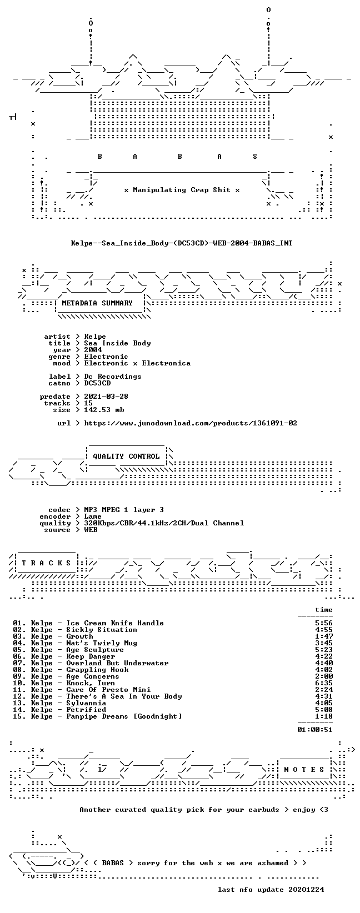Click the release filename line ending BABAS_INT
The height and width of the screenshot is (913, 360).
[182, 243]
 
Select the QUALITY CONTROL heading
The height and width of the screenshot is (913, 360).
[126, 456]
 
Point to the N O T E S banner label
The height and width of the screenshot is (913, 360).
[304, 770]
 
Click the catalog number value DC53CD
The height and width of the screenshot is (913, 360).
[97, 383]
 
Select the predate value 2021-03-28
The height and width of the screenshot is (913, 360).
[107, 397]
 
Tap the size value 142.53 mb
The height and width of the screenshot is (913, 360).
[104, 410]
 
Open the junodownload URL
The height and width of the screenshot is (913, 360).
[191, 424]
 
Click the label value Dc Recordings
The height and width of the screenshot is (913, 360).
[113, 377]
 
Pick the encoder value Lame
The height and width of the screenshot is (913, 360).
[93, 516]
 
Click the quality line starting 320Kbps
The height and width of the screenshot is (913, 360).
[164, 523]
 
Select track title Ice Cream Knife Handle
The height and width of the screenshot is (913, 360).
[115, 623]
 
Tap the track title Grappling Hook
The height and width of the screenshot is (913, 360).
[97, 670]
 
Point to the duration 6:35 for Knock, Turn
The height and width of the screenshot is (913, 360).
[324, 683]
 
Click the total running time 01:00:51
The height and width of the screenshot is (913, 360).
[315, 730]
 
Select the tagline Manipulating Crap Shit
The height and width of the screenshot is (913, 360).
[182, 190]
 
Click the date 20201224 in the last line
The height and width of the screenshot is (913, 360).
[306, 889]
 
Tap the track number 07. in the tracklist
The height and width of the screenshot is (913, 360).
[19, 663]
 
